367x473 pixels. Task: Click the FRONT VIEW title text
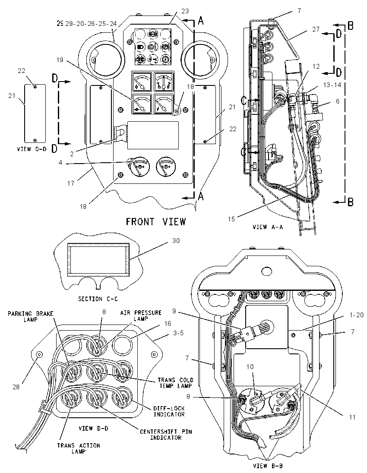click(156, 222)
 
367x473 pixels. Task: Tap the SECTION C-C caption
click(98, 299)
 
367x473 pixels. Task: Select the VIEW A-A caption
click(268, 227)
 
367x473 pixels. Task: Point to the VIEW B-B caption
click(268, 466)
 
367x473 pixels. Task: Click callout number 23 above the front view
click(185, 11)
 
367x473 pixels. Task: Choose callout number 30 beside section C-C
click(176, 241)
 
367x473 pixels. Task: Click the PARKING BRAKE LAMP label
click(31, 316)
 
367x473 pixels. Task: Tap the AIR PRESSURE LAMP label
click(141, 315)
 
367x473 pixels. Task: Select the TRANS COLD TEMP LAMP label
click(175, 382)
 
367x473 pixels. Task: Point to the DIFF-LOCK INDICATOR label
click(169, 411)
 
